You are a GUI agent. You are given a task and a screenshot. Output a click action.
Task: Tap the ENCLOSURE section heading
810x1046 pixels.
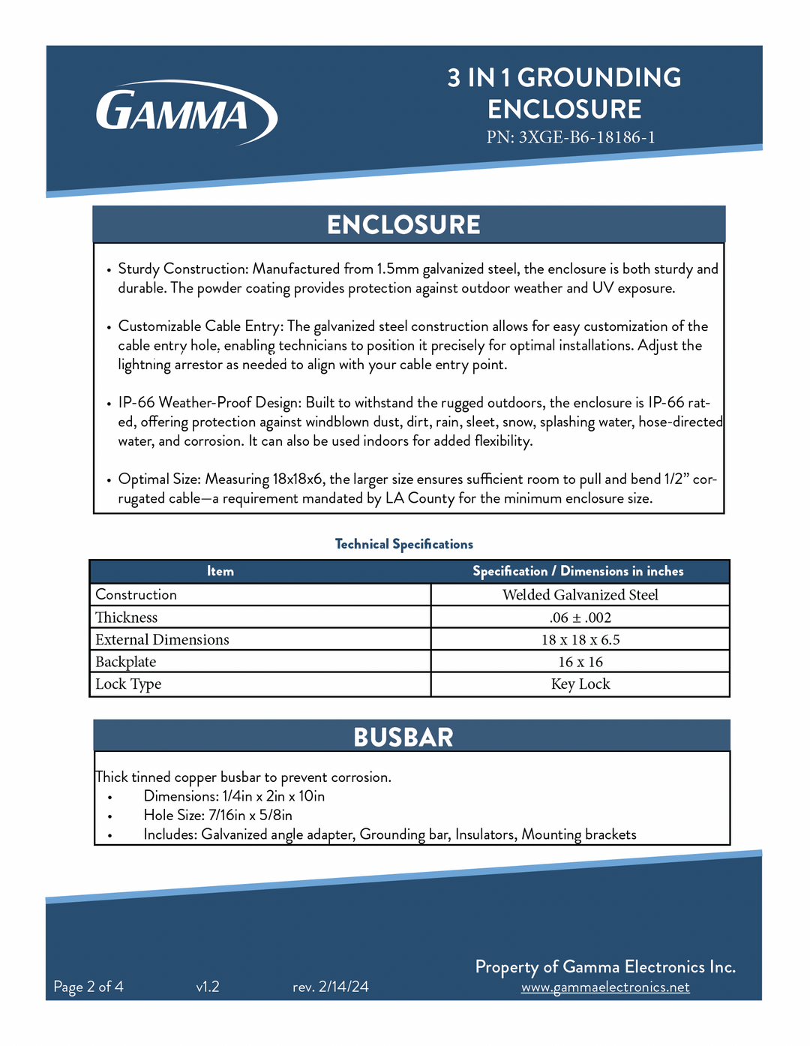tap(403, 225)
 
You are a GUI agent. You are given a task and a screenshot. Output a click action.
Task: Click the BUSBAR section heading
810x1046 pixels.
tap(403, 737)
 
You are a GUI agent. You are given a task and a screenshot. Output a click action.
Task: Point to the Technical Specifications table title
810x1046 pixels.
tap(403, 544)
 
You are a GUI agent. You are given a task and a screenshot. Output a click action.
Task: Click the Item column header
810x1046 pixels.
tap(220, 572)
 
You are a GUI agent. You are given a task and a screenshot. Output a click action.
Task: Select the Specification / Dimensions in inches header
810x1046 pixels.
tap(577, 572)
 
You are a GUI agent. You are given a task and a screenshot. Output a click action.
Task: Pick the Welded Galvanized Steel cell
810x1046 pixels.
tap(580, 595)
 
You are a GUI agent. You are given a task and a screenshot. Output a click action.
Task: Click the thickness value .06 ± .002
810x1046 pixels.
tap(580, 618)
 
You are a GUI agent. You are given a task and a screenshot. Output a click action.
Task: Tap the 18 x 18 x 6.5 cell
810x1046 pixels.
tap(580, 640)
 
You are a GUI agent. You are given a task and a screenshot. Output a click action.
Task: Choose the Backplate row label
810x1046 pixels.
tap(126, 662)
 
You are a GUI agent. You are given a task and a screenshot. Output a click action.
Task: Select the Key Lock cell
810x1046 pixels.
tap(580, 684)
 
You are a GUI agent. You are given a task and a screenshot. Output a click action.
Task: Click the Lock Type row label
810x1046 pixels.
tap(128, 684)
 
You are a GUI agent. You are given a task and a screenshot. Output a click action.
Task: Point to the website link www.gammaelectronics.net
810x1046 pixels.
tap(605, 987)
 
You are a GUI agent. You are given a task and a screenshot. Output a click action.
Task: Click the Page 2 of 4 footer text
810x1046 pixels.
tap(88, 987)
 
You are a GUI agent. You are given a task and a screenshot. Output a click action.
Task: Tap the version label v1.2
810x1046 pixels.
tap(208, 987)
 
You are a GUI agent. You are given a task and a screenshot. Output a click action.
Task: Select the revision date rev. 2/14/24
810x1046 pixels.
tap(331, 987)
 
